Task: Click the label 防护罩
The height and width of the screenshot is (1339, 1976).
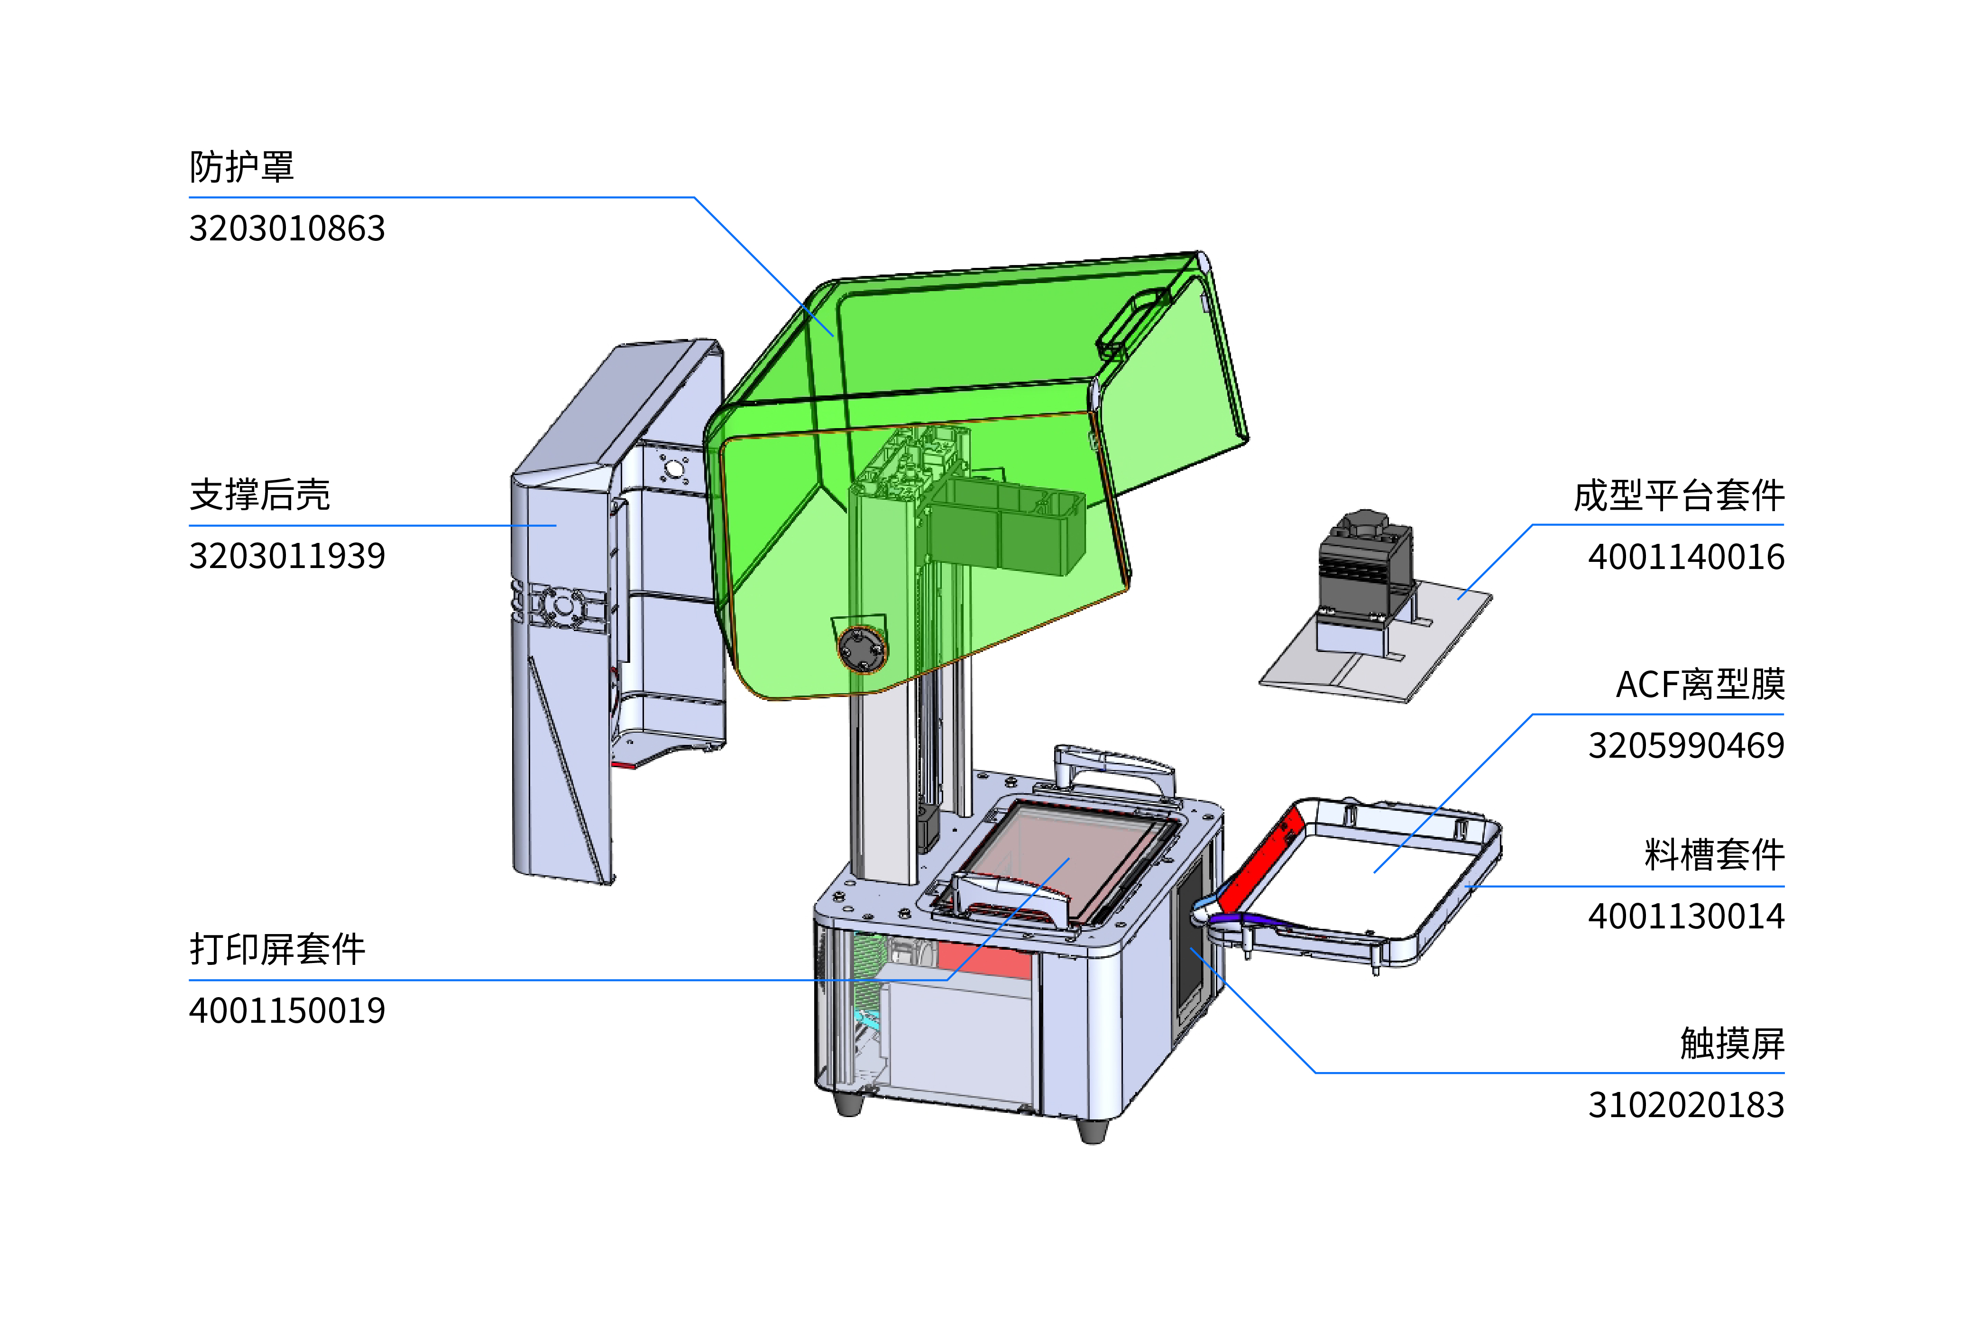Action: pos(241,166)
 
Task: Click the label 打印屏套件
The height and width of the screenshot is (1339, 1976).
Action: pos(277,949)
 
